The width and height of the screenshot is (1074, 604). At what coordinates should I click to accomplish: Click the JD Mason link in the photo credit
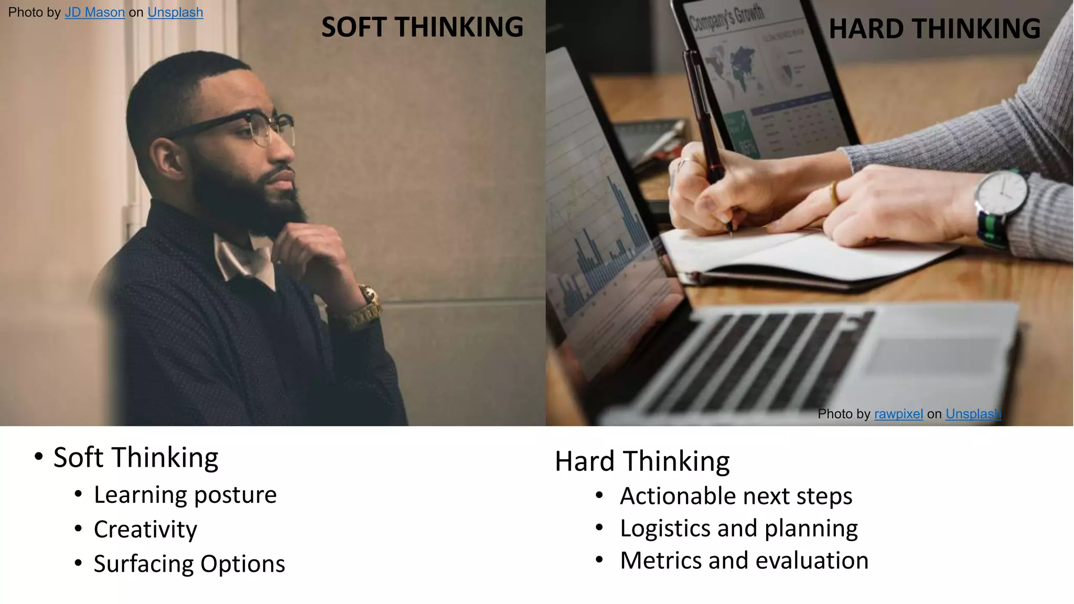click(94, 13)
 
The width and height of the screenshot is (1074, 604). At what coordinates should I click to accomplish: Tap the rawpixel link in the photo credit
click(898, 414)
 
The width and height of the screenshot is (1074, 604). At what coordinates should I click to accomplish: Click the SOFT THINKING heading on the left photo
click(422, 27)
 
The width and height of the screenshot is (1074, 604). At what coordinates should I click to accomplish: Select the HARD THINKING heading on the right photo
click(935, 29)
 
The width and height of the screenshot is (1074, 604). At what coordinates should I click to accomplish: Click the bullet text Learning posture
click(185, 495)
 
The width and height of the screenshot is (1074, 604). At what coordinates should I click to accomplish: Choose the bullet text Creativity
click(145, 530)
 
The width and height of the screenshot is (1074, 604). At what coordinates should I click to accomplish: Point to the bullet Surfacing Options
click(189, 564)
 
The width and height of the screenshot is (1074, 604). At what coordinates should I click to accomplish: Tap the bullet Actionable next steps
click(736, 496)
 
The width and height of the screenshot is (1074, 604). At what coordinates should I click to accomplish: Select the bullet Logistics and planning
click(738, 528)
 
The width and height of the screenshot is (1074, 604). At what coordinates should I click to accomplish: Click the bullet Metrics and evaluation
click(744, 560)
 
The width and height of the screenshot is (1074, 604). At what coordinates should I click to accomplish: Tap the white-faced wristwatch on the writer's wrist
click(1001, 195)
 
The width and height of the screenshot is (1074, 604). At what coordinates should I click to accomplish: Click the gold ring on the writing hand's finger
click(834, 194)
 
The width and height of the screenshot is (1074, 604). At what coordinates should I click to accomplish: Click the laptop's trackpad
click(933, 357)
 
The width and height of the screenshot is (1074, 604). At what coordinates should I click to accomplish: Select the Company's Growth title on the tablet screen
click(726, 19)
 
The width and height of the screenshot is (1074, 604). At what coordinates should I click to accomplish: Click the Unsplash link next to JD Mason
click(175, 13)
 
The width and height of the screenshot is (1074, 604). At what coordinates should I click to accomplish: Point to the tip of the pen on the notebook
click(731, 231)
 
